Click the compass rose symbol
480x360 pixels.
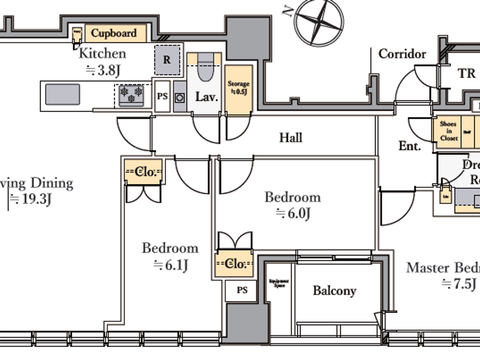pos(319,22)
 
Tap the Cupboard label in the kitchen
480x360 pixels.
pos(114,33)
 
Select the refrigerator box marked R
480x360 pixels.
pos(167,60)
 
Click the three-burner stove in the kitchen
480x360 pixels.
pos(131,95)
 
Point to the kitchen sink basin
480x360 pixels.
pos(63,94)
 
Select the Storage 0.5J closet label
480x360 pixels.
pos(239,87)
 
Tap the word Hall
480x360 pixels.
pos(291,137)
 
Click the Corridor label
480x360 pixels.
pos(402,54)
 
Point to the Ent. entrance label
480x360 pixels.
pos(409,146)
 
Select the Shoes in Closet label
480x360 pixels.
pos(448,131)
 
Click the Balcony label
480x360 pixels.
pos(335,291)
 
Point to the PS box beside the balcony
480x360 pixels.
pos(242,290)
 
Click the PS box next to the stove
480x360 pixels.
pos(162,96)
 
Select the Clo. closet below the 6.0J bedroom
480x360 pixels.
pos(235,264)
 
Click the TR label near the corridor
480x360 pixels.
pos(466,73)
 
